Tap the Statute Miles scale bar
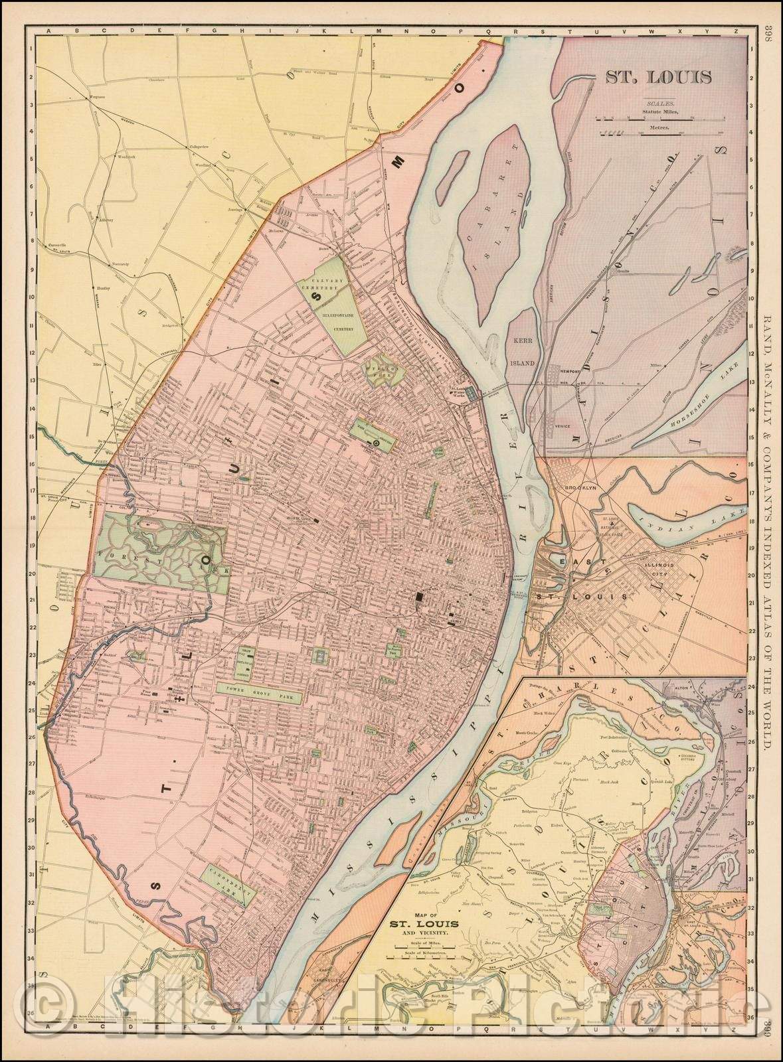[657, 119]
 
